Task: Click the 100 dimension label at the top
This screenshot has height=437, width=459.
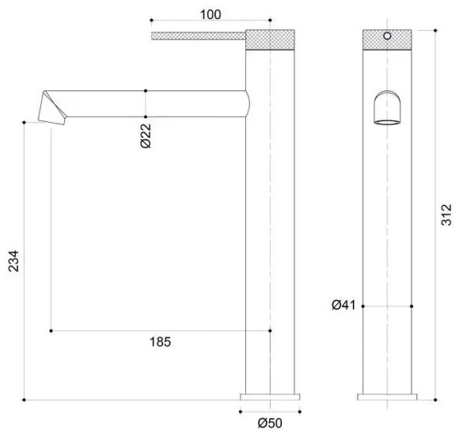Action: point(211,14)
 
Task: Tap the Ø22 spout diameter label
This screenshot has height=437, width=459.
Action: point(146,136)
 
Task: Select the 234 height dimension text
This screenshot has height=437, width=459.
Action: point(13,261)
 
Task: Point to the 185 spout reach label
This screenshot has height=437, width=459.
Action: point(160,342)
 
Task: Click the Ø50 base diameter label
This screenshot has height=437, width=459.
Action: point(270,423)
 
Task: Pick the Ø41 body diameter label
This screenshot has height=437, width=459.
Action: point(343,306)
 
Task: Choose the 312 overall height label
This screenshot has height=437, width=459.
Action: point(446,215)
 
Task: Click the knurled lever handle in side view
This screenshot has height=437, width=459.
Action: point(199,36)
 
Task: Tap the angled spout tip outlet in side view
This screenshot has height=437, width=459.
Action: point(52,108)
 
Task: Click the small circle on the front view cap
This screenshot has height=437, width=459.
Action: point(387,36)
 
